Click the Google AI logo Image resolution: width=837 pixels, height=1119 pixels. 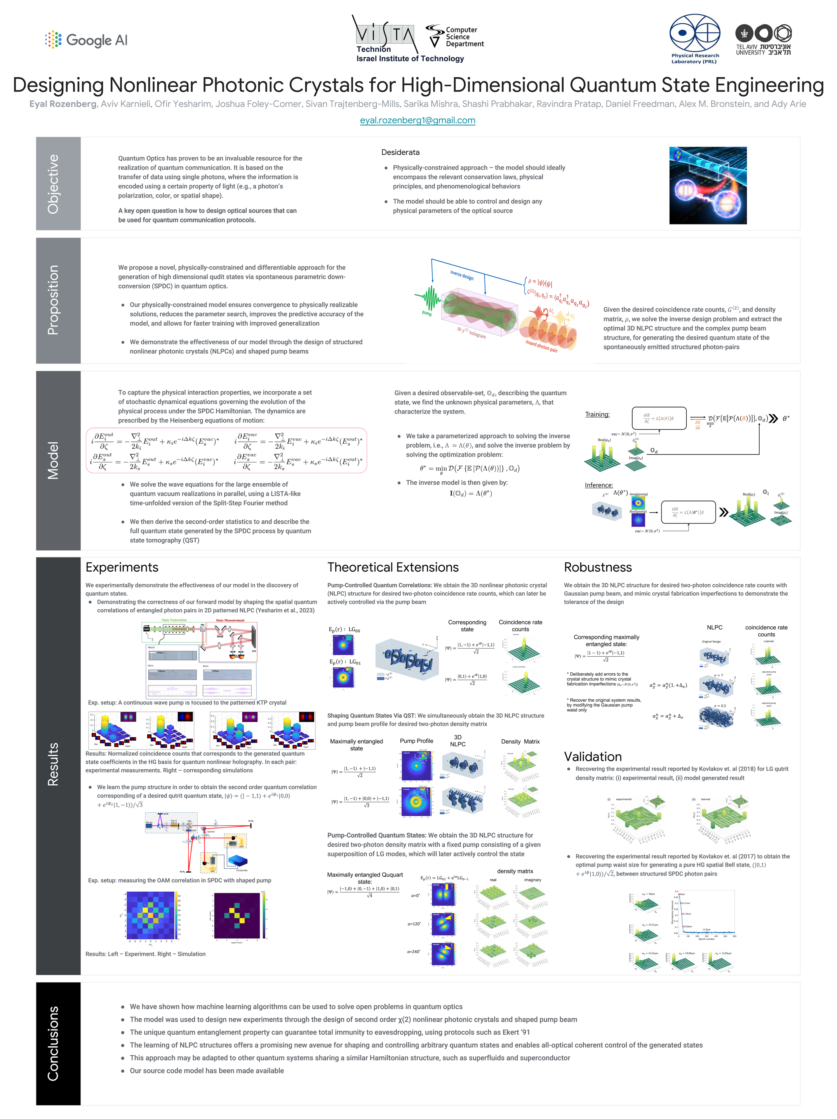tap(86, 40)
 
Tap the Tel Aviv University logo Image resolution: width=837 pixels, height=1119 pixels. tap(763, 40)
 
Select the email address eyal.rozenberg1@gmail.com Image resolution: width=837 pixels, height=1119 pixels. tap(417, 120)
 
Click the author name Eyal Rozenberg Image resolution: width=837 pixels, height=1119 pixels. tap(63, 104)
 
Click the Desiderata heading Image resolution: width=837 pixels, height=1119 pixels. tap(400, 152)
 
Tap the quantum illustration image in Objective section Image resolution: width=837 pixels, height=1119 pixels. tap(708, 185)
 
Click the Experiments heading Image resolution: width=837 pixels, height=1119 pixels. tap(122, 567)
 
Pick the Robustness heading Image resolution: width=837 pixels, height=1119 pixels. tap(598, 567)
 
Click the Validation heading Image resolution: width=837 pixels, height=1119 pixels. tap(593, 757)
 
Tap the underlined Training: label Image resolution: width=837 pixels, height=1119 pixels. tap(597, 414)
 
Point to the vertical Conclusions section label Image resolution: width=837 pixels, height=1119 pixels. tap(53, 1043)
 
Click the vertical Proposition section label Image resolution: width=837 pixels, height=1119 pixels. tap(53, 300)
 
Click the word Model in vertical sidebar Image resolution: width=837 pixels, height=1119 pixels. tap(53, 460)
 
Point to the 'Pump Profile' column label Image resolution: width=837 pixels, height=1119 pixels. tap(416, 741)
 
